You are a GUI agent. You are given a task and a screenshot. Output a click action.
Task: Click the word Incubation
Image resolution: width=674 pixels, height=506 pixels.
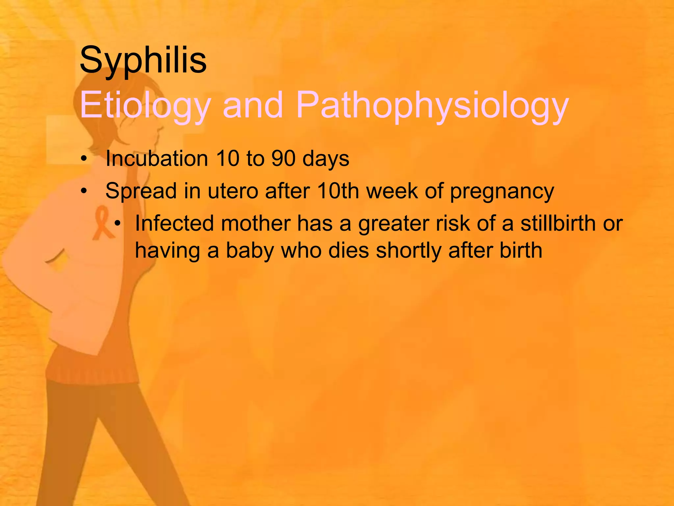[x=157, y=159]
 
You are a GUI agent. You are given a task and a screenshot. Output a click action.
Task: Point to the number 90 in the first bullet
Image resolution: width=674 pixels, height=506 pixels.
[x=283, y=159]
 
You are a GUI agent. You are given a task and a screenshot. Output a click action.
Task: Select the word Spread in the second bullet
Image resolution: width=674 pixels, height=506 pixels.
[x=141, y=191]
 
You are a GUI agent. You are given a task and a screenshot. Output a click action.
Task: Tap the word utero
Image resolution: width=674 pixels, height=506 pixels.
[x=233, y=191]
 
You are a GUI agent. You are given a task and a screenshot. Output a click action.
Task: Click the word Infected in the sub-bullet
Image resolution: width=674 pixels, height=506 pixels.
[x=174, y=223]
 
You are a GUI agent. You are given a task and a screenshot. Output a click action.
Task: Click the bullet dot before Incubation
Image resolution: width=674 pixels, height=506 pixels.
[x=84, y=159]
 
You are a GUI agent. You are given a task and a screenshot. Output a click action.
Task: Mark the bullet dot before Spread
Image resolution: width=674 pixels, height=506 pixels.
[x=84, y=191]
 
